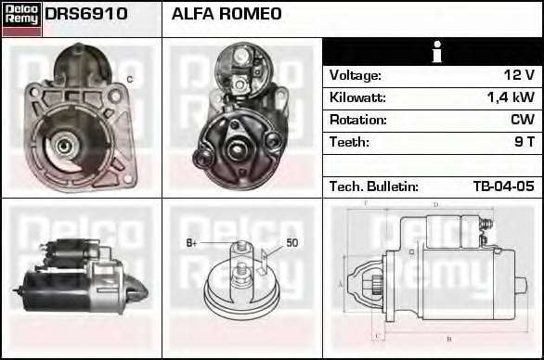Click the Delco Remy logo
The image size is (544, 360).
(x=22, y=19)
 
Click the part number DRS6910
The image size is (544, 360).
(x=86, y=14)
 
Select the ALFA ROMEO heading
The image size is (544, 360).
(x=227, y=14)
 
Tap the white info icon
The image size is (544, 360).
(x=437, y=52)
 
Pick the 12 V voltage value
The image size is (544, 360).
(x=519, y=75)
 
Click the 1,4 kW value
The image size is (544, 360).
(x=511, y=97)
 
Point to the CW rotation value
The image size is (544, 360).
(x=523, y=120)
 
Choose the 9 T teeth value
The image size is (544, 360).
(x=525, y=142)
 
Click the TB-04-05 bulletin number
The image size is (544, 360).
(x=504, y=186)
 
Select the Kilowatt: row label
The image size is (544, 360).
(x=357, y=97)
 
